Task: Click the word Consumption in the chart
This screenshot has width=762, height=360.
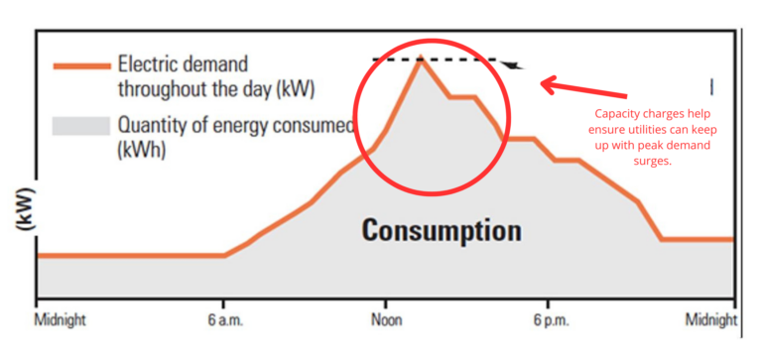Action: pos(441,231)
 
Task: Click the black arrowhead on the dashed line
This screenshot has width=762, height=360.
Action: pos(512,65)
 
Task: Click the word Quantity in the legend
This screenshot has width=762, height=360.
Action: pos(152,126)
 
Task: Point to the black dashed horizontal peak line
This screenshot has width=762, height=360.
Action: pos(456,60)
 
